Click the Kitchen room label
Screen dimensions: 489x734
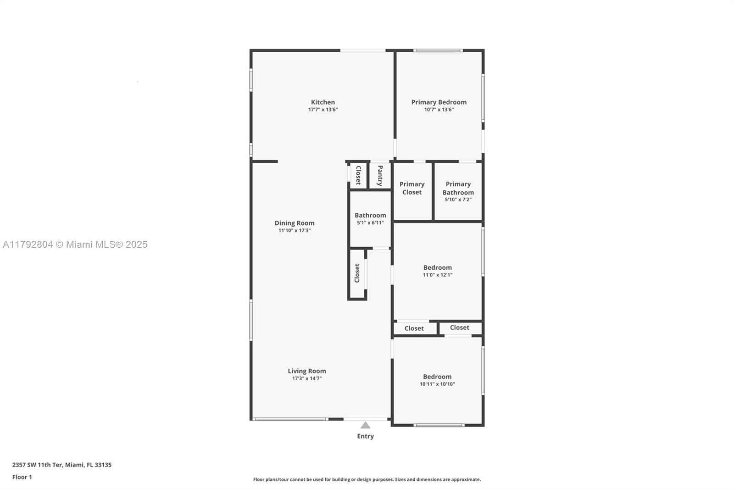(323, 102)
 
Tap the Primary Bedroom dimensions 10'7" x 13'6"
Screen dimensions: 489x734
(439, 110)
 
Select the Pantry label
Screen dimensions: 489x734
(380, 175)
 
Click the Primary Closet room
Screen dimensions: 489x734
(412, 188)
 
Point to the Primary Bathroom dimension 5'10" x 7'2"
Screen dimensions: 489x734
(458, 200)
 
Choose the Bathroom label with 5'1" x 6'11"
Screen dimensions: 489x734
(370, 215)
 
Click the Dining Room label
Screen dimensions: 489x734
(295, 223)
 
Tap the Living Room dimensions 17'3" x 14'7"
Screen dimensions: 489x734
(306, 378)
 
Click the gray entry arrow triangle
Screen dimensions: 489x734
(365, 425)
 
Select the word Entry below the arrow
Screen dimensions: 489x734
(365, 436)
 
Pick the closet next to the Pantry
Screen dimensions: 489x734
(358, 175)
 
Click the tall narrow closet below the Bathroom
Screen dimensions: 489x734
(357, 273)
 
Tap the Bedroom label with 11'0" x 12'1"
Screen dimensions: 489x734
(437, 267)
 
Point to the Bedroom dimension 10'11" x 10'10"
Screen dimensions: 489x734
(437, 384)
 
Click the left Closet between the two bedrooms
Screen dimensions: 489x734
(414, 328)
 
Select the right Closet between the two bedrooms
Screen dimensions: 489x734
(459, 328)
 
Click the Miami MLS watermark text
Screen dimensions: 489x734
(75, 244)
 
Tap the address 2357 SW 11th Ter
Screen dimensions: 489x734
(62, 465)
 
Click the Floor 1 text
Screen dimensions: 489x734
(22, 477)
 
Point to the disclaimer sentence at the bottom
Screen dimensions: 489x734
(367, 479)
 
